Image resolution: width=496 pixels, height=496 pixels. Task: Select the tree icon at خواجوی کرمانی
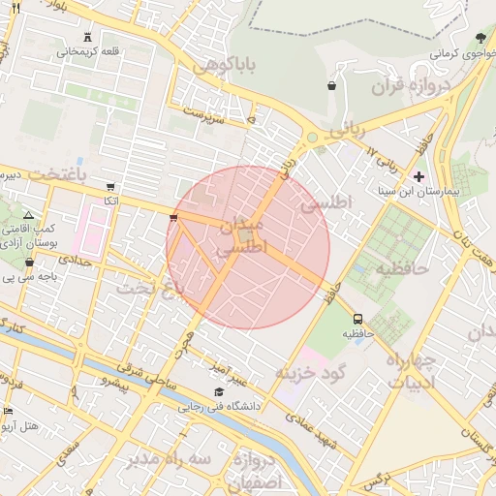[x=481, y=38]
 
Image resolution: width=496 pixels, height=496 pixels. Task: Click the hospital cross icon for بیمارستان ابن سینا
[x=418, y=176]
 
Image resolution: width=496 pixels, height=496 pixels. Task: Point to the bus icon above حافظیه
[x=358, y=319]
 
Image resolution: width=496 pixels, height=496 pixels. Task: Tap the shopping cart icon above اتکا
[x=111, y=186]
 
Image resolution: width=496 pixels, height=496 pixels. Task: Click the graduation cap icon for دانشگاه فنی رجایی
[x=219, y=392]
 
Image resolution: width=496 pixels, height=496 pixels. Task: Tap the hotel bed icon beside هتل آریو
[x=9, y=411]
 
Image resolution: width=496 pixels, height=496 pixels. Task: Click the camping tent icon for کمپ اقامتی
[x=27, y=215]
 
